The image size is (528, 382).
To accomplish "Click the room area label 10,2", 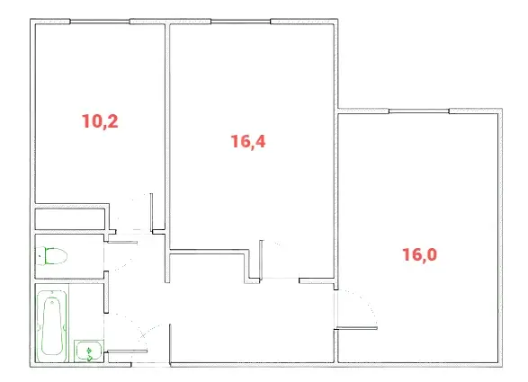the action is (100, 121).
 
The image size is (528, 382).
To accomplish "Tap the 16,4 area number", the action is (248, 141).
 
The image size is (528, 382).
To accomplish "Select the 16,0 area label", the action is (419, 254).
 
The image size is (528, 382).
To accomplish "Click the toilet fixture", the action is (51, 256).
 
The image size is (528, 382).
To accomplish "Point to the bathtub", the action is (52, 325).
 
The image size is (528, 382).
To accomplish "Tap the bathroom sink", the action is (89, 351).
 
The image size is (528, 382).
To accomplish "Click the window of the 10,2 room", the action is (100, 22).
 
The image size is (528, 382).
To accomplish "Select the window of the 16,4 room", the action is (241, 22).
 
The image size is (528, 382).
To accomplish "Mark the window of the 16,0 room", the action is (419, 111).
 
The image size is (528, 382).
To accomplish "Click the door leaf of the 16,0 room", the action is (357, 328).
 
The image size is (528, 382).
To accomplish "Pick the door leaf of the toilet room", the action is (122, 242).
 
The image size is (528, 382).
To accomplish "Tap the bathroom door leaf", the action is (128, 351).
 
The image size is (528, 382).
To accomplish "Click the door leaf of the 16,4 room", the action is (261, 260).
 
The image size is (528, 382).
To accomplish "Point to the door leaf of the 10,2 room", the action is (151, 211).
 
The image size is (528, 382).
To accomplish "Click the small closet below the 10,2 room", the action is (70, 219).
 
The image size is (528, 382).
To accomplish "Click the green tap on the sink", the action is (89, 354).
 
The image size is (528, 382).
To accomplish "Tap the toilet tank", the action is (40, 256).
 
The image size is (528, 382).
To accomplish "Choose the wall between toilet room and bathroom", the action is (69, 281).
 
